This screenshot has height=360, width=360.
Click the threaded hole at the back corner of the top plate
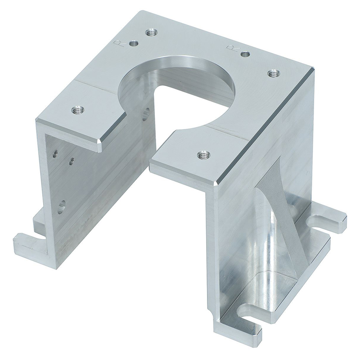151,32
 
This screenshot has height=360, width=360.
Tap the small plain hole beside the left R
133,44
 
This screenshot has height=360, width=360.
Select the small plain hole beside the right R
245,54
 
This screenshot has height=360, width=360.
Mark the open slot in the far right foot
322,221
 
